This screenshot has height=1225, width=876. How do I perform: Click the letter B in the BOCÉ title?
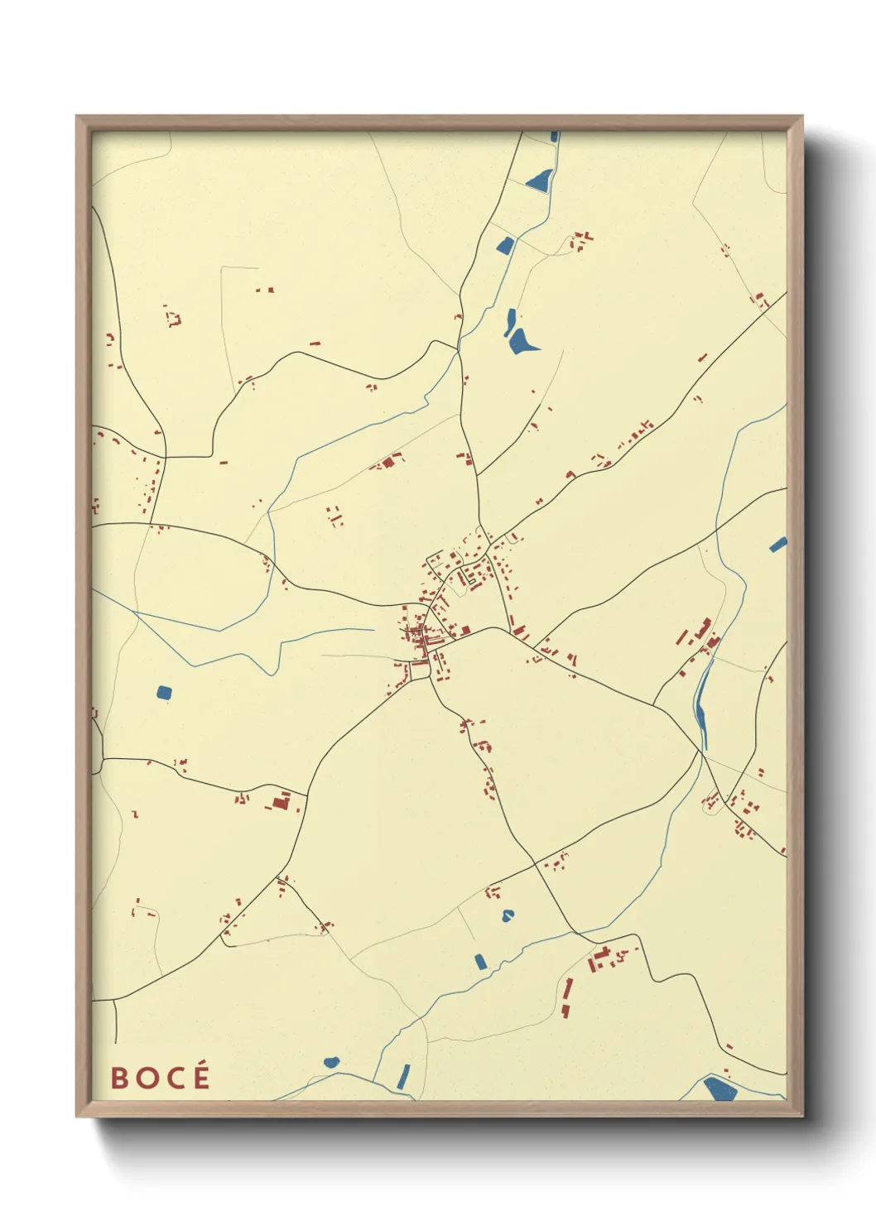coord(119,1078)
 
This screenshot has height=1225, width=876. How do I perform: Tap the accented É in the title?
coord(200,1076)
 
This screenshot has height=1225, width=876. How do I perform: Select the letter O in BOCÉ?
coord(145,1078)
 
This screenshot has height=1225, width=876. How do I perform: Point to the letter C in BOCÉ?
coord(172,1078)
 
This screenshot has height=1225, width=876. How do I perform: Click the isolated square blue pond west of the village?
coord(164,692)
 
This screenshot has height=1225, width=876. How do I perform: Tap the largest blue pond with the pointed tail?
coord(522,340)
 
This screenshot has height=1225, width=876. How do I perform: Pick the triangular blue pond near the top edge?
coord(539,180)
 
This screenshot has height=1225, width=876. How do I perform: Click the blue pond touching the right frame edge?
coord(777,545)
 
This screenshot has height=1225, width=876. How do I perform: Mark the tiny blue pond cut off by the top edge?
coord(554,137)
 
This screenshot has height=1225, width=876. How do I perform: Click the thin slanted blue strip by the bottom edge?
coord(403,1076)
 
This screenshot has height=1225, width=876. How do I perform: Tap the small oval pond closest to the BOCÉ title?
coord(331,1062)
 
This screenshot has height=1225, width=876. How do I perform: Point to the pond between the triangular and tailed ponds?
coord(504,244)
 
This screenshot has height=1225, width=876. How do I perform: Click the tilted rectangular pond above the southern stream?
coord(480,961)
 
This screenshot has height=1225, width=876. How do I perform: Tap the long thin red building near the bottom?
coord(568,997)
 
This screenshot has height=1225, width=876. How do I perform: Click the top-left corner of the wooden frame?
coord(77,117)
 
